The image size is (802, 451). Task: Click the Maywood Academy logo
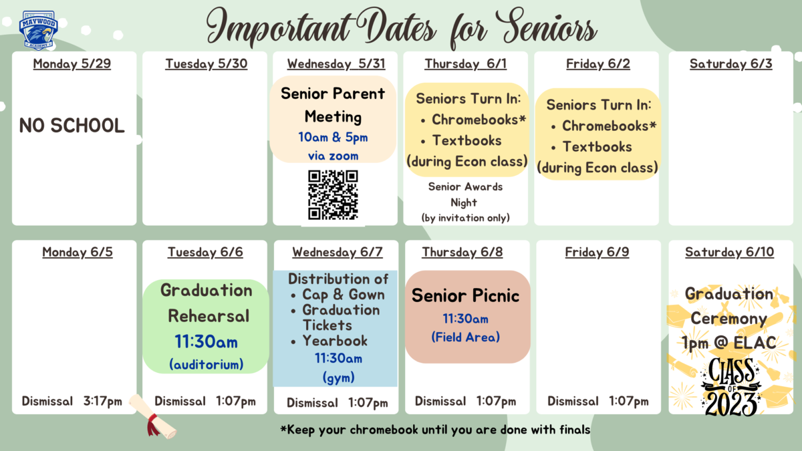coord(38,30)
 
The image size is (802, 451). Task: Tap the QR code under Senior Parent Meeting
coord(333,194)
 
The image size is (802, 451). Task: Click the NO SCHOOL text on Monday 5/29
coord(72,126)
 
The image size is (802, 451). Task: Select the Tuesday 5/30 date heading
coord(207,63)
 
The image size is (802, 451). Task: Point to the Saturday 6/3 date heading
coord(730,63)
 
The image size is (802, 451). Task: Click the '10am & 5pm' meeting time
coord(333,137)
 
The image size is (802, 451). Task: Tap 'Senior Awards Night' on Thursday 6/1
coord(465,194)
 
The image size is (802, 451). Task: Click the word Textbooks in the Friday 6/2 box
coord(597,147)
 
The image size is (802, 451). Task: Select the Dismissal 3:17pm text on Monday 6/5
coord(72,402)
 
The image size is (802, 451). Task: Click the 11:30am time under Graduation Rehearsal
coord(207,342)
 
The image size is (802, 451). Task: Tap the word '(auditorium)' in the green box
coord(207,364)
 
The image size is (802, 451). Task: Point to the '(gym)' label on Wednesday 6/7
coord(338,378)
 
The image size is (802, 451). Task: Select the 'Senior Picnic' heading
coord(465,295)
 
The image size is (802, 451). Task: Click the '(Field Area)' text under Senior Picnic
coord(465,337)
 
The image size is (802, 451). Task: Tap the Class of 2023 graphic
coord(731,387)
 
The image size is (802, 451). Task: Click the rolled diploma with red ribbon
coord(153,417)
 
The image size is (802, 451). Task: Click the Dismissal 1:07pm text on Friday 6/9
coord(598,402)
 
